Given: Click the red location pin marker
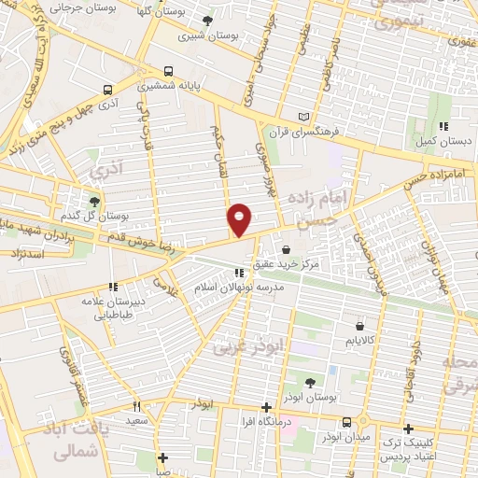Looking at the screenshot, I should pyautogui.click(x=240, y=219).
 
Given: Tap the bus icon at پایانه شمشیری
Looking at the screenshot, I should pyautogui.click(x=168, y=71).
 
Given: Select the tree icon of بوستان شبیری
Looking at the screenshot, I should pyautogui.click(x=206, y=21).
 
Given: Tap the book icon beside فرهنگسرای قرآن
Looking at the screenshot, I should pyautogui.click(x=301, y=117).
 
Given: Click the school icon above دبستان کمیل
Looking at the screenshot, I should pyautogui.click(x=444, y=126).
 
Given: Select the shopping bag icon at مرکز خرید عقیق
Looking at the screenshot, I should pyautogui.click(x=284, y=249).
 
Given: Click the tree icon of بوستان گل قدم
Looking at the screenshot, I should pyautogui.click(x=93, y=200).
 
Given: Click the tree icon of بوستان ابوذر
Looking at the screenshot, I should pyautogui.click(x=312, y=383).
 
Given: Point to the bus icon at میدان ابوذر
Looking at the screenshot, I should pyautogui.click(x=345, y=421).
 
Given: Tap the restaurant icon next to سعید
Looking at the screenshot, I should pyautogui.click(x=137, y=407).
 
